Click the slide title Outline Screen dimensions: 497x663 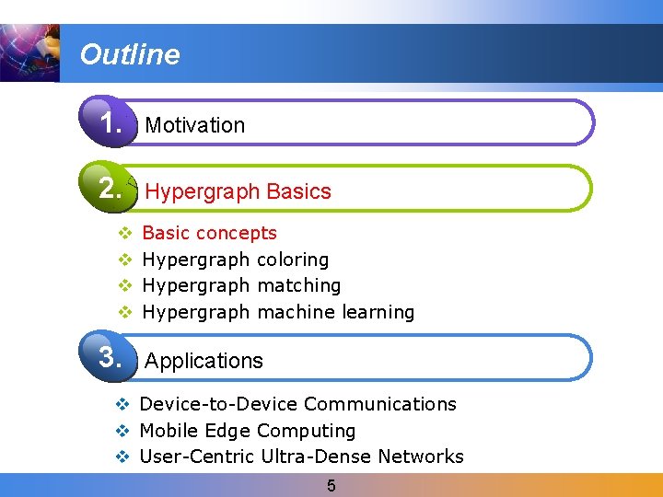tap(130, 54)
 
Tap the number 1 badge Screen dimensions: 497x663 tap(111, 122)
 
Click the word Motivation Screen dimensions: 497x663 tap(195, 125)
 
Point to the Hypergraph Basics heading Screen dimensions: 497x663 tap(238, 191)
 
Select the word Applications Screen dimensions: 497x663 tap(204, 361)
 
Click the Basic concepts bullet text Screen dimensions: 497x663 tap(210, 233)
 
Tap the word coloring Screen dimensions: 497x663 tap(293, 260)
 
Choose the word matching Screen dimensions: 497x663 tap(299, 285)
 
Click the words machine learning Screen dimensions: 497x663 tap(336, 312)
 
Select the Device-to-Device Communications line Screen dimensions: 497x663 tap(297, 404)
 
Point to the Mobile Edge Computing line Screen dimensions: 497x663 tap(247, 431)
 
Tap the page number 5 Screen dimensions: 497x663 tap(331, 485)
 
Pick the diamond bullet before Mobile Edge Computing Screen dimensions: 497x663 tap(121, 431)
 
